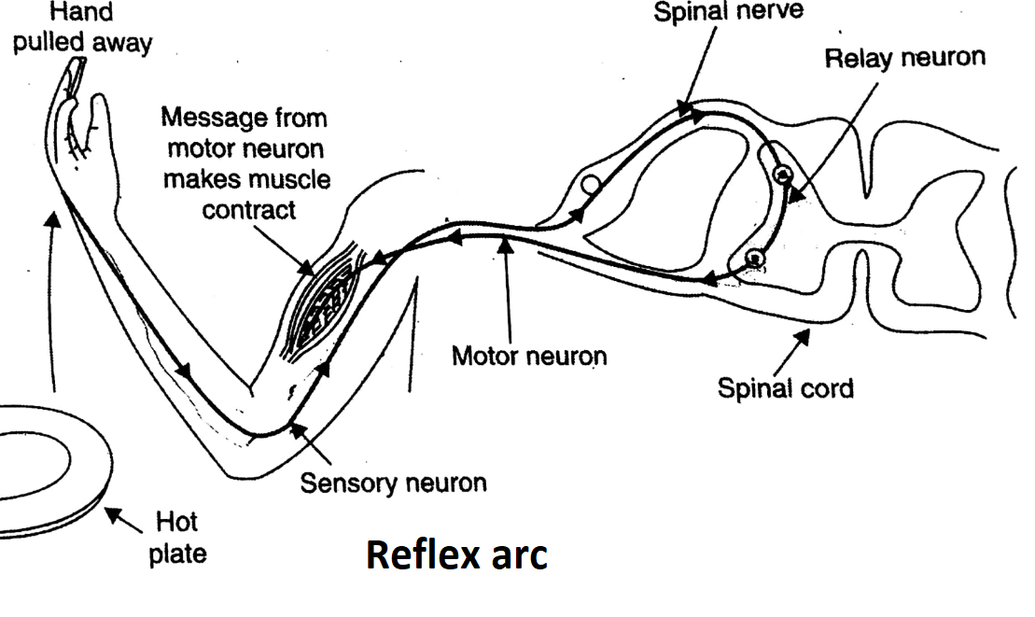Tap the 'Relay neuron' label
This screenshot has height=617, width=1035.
pyautogui.click(x=904, y=58)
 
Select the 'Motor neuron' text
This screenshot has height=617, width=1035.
pyautogui.click(x=529, y=356)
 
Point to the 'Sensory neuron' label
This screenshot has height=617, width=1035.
pyautogui.click(x=393, y=484)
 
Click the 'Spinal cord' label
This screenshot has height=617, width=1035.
pyautogui.click(x=785, y=386)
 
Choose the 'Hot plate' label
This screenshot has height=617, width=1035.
pyautogui.click(x=176, y=537)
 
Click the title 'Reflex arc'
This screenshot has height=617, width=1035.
pyautogui.click(x=456, y=554)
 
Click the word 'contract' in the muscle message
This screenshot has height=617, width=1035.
pyautogui.click(x=249, y=209)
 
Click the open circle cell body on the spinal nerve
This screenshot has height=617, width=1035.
pyautogui.click(x=589, y=184)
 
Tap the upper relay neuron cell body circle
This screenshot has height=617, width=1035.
pyautogui.click(x=781, y=173)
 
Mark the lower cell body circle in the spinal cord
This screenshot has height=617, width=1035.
pyautogui.click(x=754, y=259)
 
